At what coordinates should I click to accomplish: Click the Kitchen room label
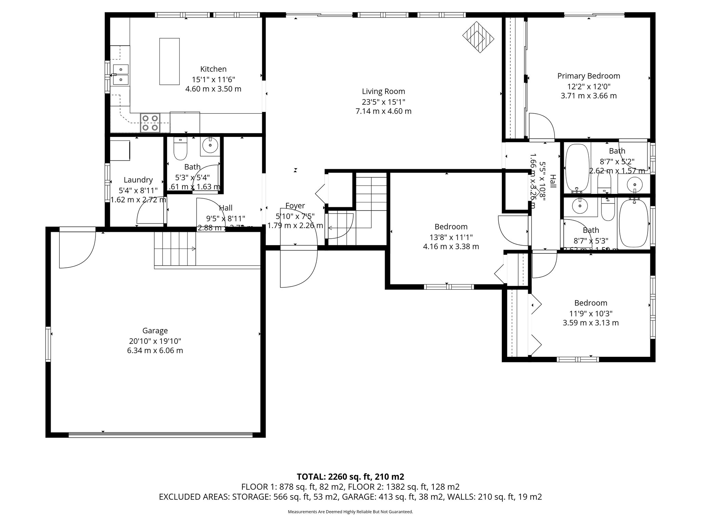[x=213, y=69]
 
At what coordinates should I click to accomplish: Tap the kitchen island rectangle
[x=169, y=62]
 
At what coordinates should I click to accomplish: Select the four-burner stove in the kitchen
[x=151, y=123]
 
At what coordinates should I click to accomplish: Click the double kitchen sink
[x=120, y=75]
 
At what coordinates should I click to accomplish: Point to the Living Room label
[x=383, y=91]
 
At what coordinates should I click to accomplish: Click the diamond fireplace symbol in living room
[x=478, y=37]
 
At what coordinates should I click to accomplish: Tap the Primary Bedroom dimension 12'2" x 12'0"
[x=589, y=86]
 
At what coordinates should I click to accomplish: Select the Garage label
[x=155, y=331]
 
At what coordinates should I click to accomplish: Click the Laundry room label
[x=138, y=180]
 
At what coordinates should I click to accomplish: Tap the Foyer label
[x=295, y=206]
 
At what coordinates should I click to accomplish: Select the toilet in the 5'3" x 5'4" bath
[x=180, y=150]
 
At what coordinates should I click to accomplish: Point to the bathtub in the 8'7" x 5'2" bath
[x=577, y=168]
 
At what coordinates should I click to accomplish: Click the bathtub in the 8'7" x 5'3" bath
[x=634, y=223]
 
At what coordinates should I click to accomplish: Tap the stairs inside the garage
[x=175, y=249]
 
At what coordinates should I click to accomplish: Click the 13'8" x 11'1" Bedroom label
[x=451, y=227]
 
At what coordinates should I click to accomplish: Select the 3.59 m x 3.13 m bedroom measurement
[x=591, y=323]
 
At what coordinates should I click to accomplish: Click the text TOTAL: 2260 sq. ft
[x=350, y=477]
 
